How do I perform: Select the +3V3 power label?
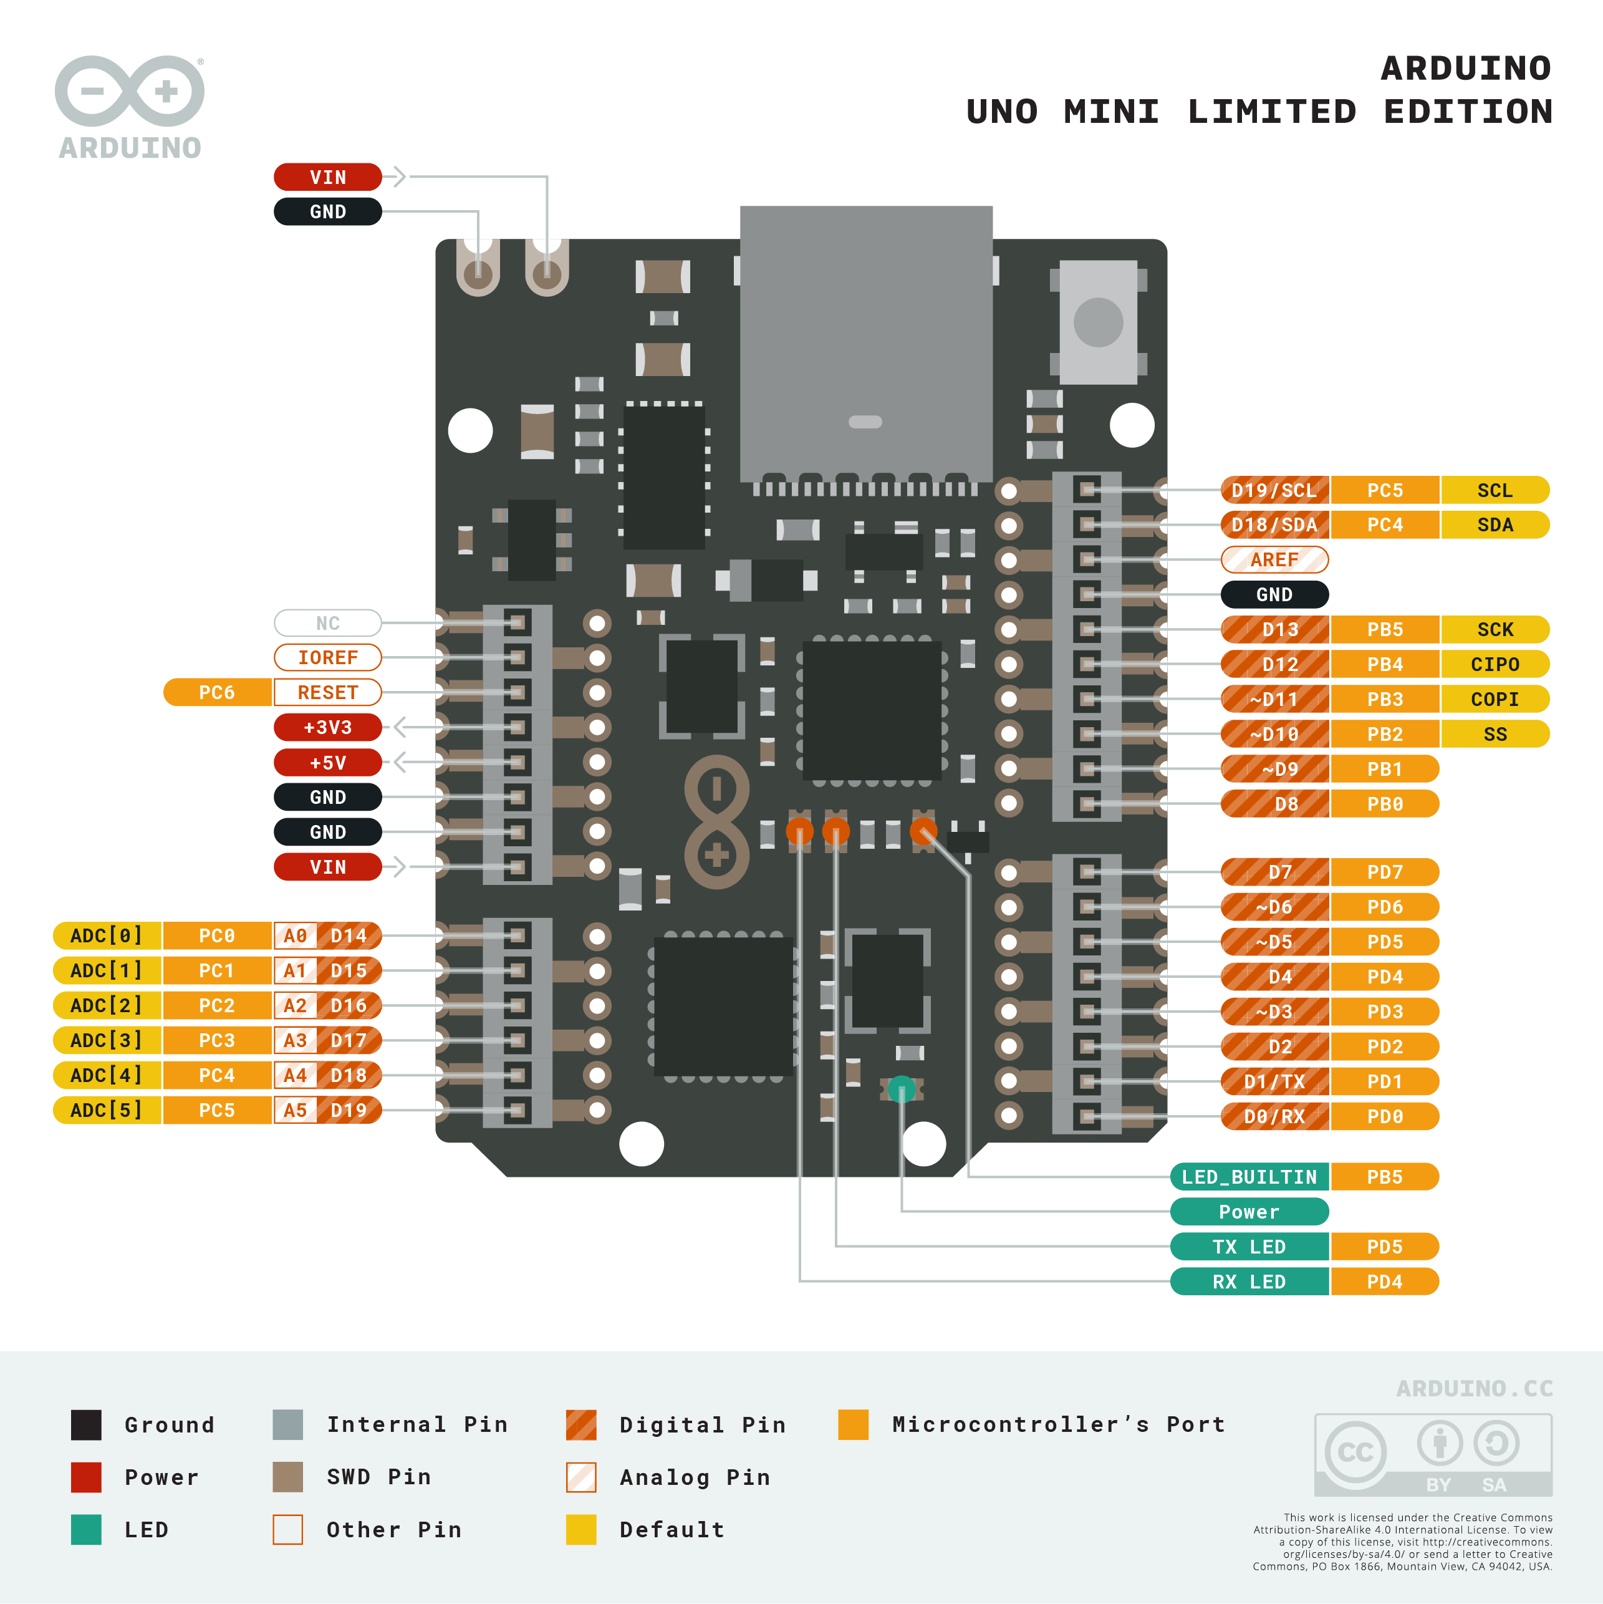(x=328, y=727)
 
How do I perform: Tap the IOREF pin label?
(x=328, y=657)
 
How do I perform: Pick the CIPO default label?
(x=1495, y=664)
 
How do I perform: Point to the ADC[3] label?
(x=106, y=1040)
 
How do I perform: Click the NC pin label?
(x=328, y=622)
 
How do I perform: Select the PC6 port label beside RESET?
(x=217, y=692)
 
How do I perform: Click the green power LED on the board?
(x=902, y=1088)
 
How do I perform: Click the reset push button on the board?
(x=1097, y=322)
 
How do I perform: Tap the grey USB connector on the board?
(x=866, y=341)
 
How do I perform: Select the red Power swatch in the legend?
(x=86, y=1477)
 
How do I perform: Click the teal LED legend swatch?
(x=86, y=1529)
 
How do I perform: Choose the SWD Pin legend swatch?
(x=287, y=1477)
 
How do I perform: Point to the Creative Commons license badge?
(x=1433, y=1454)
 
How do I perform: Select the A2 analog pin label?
(x=296, y=1005)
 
